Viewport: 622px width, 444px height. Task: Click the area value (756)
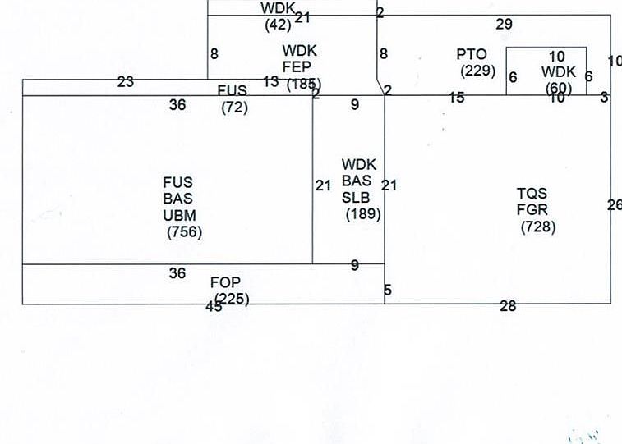pyautogui.click(x=184, y=232)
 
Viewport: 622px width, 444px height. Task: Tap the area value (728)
pyautogui.click(x=538, y=227)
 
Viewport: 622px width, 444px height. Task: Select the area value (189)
pyautogui.click(x=363, y=214)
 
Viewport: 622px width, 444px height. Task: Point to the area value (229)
pyautogui.click(x=477, y=71)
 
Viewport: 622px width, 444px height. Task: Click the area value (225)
pyautogui.click(x=232, y=299)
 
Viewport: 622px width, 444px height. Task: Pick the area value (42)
pyautogui.click(x=278, y=25)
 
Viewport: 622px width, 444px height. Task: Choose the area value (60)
pyautogui.click(x=559, y=88)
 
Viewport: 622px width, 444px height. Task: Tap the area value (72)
pyautogui.click(x=234, y=107)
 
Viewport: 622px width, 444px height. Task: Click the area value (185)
pyautogui.click(x=304, y=84)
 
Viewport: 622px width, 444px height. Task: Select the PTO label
pyautogui.click(x=472, y=55)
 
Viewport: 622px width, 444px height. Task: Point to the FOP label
pyautogui.click(x=225, y=283)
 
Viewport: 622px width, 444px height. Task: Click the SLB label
pyautogui.click(x=357, y=198)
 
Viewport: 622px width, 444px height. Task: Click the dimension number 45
pyautogui.click(x=214, y=308)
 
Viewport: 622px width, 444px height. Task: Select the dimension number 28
pyautogui.click(x=508, y=307)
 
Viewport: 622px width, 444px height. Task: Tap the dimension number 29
pyautogui.click(x=504, y=24)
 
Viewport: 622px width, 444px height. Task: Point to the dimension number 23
pyautogui.click(x=126, y=82)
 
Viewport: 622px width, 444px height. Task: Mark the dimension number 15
pyautogui.click(x=457, y=98)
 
